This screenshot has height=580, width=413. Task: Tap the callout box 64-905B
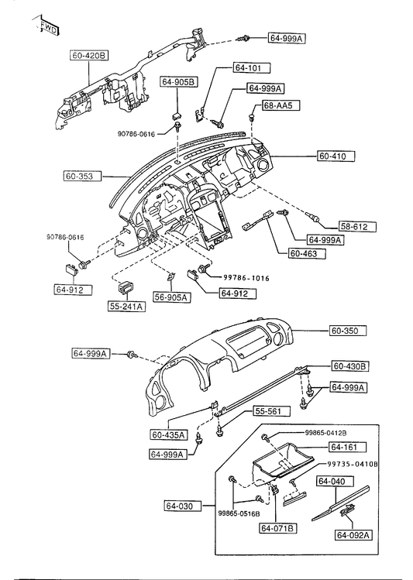pos(179,82)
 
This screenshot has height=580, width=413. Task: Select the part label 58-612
pos(357,227)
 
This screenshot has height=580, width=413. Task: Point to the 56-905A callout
pos(173,297)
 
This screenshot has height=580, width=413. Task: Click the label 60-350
pos(348,331)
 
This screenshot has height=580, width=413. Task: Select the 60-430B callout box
pos(349,366)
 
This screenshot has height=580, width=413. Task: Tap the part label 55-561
pos(272,410)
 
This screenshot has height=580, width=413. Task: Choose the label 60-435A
pos(168,434)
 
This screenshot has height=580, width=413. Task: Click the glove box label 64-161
pos(348,447)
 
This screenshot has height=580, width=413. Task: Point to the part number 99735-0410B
pos(351,464)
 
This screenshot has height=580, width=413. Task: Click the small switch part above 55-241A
pos(126,287)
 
